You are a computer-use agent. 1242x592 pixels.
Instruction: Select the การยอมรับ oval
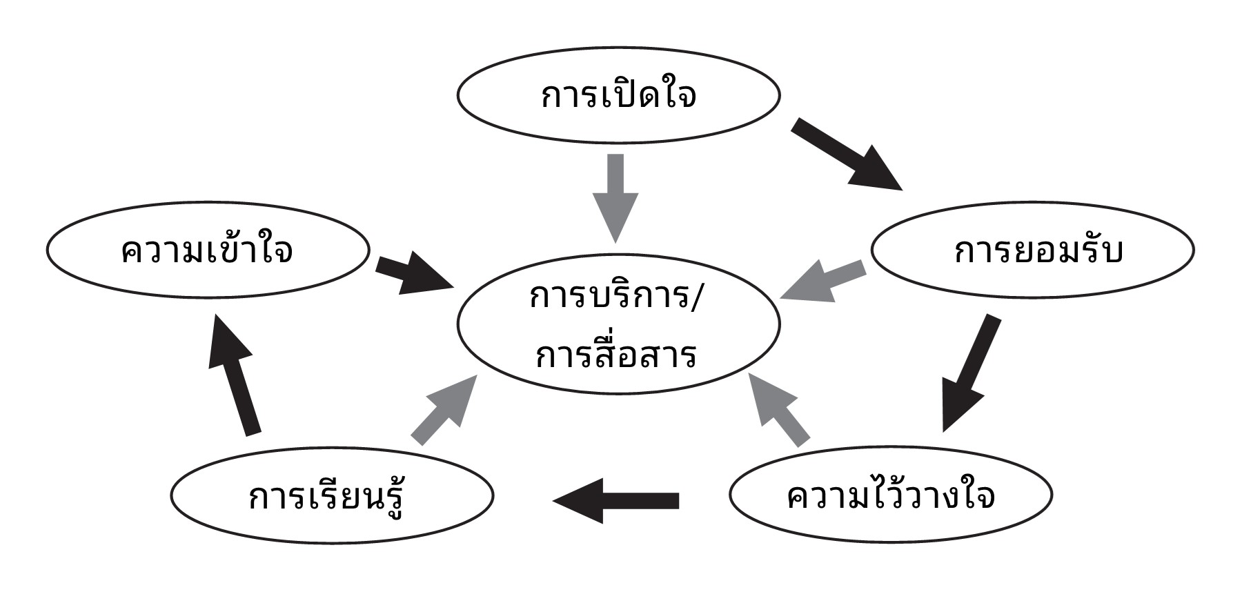coord(1033,250)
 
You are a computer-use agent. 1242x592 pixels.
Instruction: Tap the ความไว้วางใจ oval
coord(891,495)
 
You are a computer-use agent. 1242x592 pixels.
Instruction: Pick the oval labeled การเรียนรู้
coord(332,495)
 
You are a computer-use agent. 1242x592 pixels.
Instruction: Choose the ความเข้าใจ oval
coord(208,250)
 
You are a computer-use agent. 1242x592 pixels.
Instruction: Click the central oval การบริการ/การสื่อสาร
coord(618,324)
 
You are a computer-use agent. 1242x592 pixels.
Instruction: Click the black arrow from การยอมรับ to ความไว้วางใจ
coord(969,373)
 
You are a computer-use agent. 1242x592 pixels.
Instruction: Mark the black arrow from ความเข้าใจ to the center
coord(415,273)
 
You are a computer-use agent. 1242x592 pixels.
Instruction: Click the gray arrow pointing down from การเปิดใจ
coord(615,197)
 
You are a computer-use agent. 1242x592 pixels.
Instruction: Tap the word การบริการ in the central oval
coord(607,298)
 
